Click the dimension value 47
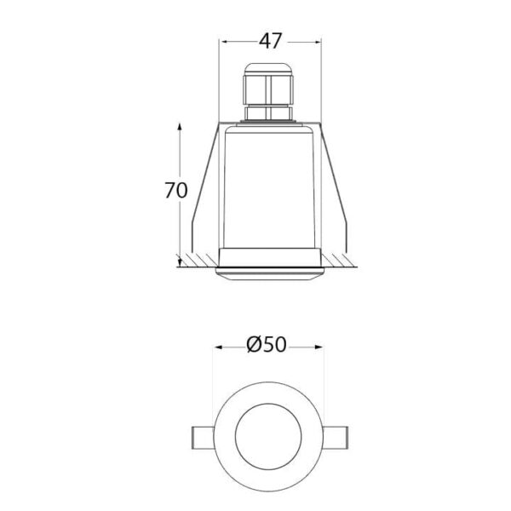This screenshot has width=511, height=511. (x=270, y=42)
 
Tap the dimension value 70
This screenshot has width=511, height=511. (x=176, y=191)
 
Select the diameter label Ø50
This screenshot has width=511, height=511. (x=267, y=344)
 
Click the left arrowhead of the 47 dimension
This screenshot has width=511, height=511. (x=224, y=42)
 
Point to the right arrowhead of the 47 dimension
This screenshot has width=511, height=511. (x=318, y=42)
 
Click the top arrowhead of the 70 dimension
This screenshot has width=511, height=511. (x=179, y=127)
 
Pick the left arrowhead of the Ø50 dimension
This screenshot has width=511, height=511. (x=218, y=347)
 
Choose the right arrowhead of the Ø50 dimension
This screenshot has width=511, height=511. (x=319, y=347)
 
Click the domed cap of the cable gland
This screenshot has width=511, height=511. (x=268, y=68)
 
